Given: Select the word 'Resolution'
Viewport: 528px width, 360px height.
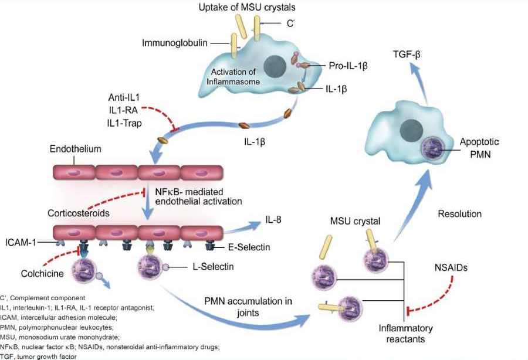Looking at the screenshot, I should click(459, 213).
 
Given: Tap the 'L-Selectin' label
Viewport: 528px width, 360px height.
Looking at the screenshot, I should click(211, 267).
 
